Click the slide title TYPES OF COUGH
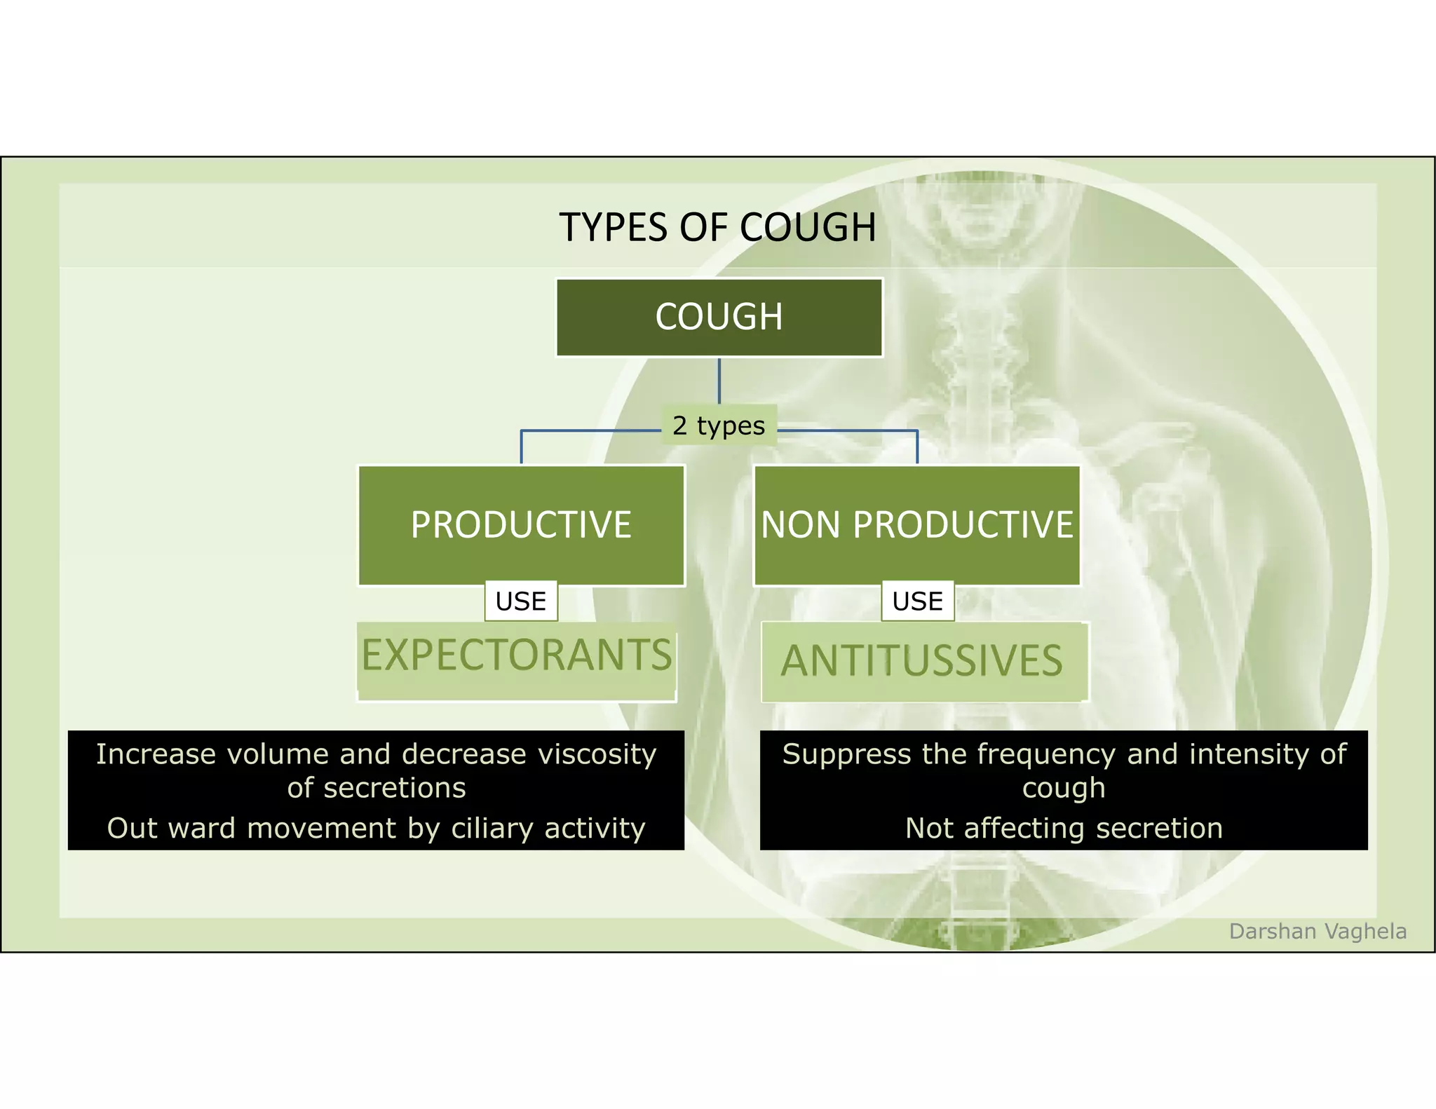(717, 227)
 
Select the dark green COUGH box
(719, 318)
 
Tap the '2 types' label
(719, 426)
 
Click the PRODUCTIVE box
(521, 525)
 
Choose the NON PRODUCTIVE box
(917, 525)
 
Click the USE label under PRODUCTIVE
(521, 601)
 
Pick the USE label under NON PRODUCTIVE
(917, 601)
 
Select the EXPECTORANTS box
(517, 659)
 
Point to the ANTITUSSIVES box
(923, 661)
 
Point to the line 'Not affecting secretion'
(1064, 828)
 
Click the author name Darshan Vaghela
(1318, 931)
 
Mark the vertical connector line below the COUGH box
(719, 381)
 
